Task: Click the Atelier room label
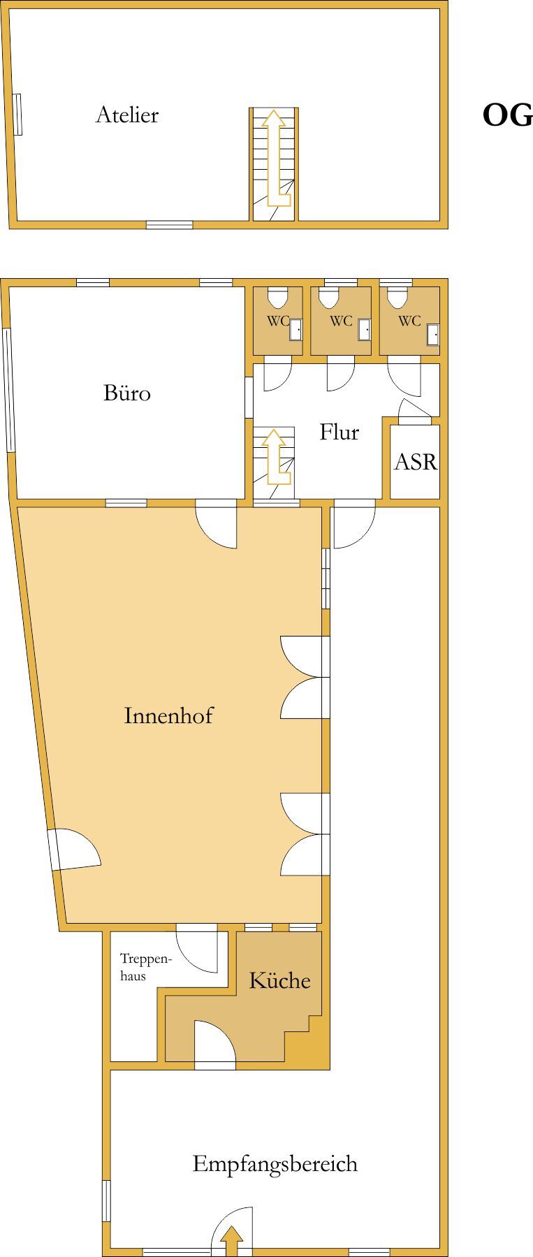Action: coord(127,115)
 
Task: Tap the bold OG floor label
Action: coord(507,115)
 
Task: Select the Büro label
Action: coord(127,393)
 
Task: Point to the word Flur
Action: coord(339,432)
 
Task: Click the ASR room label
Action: coord(416,462)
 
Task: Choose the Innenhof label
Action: coord(168,715)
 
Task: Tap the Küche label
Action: coord(279,980)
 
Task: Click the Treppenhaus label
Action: coord(146,967)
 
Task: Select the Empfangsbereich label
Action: coord(275,1164)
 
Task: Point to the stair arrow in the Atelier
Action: coord(275,159)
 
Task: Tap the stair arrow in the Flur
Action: coord(275,457)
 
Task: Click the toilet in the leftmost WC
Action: coord(278,298)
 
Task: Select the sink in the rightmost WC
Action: coord(433,335)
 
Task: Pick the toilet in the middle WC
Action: coord(328,298)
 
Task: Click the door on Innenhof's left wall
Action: coord(74,850)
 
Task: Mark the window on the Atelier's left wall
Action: coord(18,114)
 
